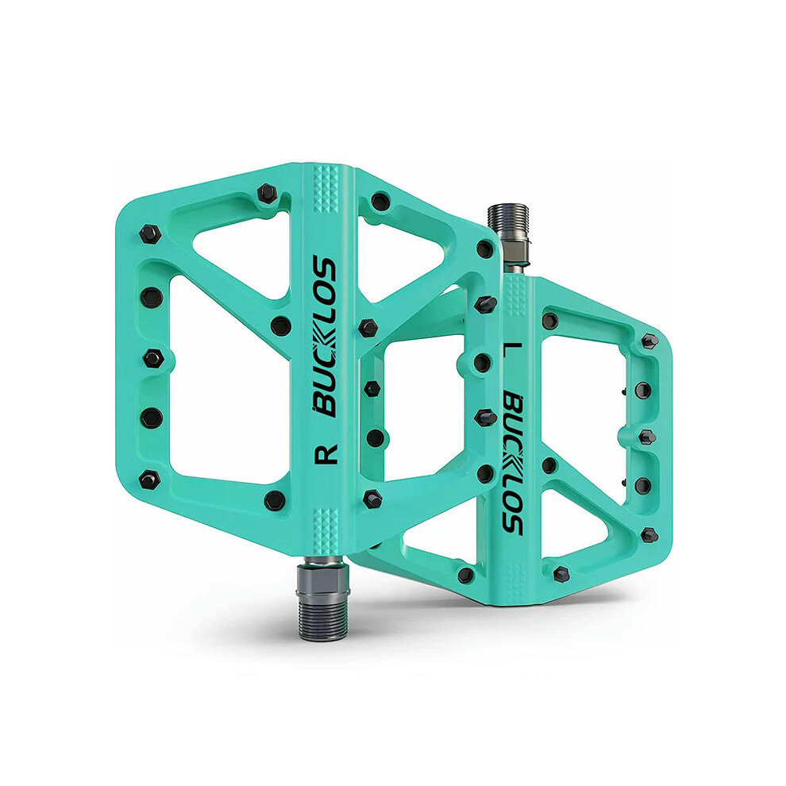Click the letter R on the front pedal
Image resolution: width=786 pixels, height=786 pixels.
pyautogui.click(x=326, y=454)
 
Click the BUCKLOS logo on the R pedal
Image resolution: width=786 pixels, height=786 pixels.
pyautogui.click(x=324, y=337)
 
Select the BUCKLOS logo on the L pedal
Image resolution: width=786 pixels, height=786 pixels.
pyautogui.click(x=512, y=462)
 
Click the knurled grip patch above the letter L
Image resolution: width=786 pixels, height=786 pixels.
pyautogui.click(x=515, y=296)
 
